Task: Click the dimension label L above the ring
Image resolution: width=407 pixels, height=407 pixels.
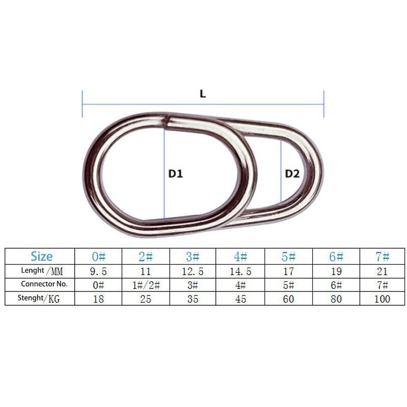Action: pyautogui.click(x=203, y=94)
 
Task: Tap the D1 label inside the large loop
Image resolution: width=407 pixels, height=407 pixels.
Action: pyautogui.click(x=176, y=173)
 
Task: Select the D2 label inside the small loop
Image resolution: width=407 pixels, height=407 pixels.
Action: pyautogui.click(x=292, y=173)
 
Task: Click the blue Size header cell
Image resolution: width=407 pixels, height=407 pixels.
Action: pyautogui.click(x=42, y=256)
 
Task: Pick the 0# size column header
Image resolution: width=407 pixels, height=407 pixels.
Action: pyautogui.click(x=99, y=257)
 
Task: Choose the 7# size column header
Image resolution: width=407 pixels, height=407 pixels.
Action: pyautogui.click(x=383, y=257)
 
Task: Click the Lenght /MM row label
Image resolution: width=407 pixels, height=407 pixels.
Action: pyautogui.click(x=42, y=271)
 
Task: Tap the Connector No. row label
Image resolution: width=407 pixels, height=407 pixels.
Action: pyautogui.click(x=44, y=284)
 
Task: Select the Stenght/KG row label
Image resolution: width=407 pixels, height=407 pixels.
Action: pyautogui.click(x=39, y=299)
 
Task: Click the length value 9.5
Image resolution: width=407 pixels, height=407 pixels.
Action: pyautogui.click(x=98, y=272)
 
